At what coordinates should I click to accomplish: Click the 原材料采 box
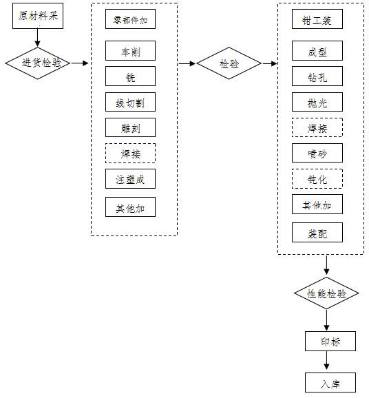38,17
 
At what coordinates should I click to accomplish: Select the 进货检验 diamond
38,63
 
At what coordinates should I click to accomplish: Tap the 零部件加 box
131,19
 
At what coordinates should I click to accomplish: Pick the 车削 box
131,51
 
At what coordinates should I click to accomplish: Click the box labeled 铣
131,76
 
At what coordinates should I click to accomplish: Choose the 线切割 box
131,102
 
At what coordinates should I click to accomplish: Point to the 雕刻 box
131,127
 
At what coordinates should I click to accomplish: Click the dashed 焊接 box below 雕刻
131,153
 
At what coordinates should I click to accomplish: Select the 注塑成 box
131,179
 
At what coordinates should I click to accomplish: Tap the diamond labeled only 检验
229,63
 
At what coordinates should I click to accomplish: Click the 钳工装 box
317,19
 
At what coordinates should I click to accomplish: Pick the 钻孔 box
317,76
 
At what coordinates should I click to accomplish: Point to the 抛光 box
317,102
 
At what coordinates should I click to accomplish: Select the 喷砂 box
317,153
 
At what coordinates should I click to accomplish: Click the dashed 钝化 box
317,179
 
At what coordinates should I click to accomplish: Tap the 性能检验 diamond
326,294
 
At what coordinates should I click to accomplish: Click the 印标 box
331,342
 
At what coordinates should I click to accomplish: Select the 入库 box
331,383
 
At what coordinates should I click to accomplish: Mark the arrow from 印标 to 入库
326,362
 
